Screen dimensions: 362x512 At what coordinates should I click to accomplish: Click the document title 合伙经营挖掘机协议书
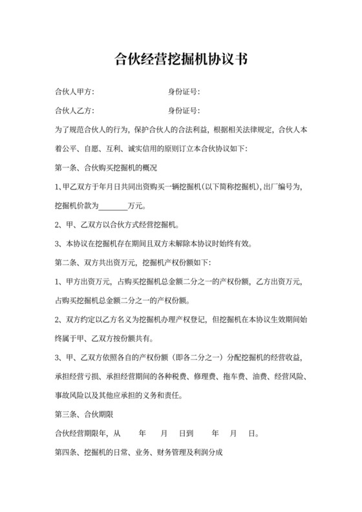180,61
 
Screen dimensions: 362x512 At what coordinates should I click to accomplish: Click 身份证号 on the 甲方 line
183,91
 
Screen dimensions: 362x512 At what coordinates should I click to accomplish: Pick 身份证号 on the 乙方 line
183,110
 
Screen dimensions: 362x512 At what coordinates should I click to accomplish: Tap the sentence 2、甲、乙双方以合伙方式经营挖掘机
116,226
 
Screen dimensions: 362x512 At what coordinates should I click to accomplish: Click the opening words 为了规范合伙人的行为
93,129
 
